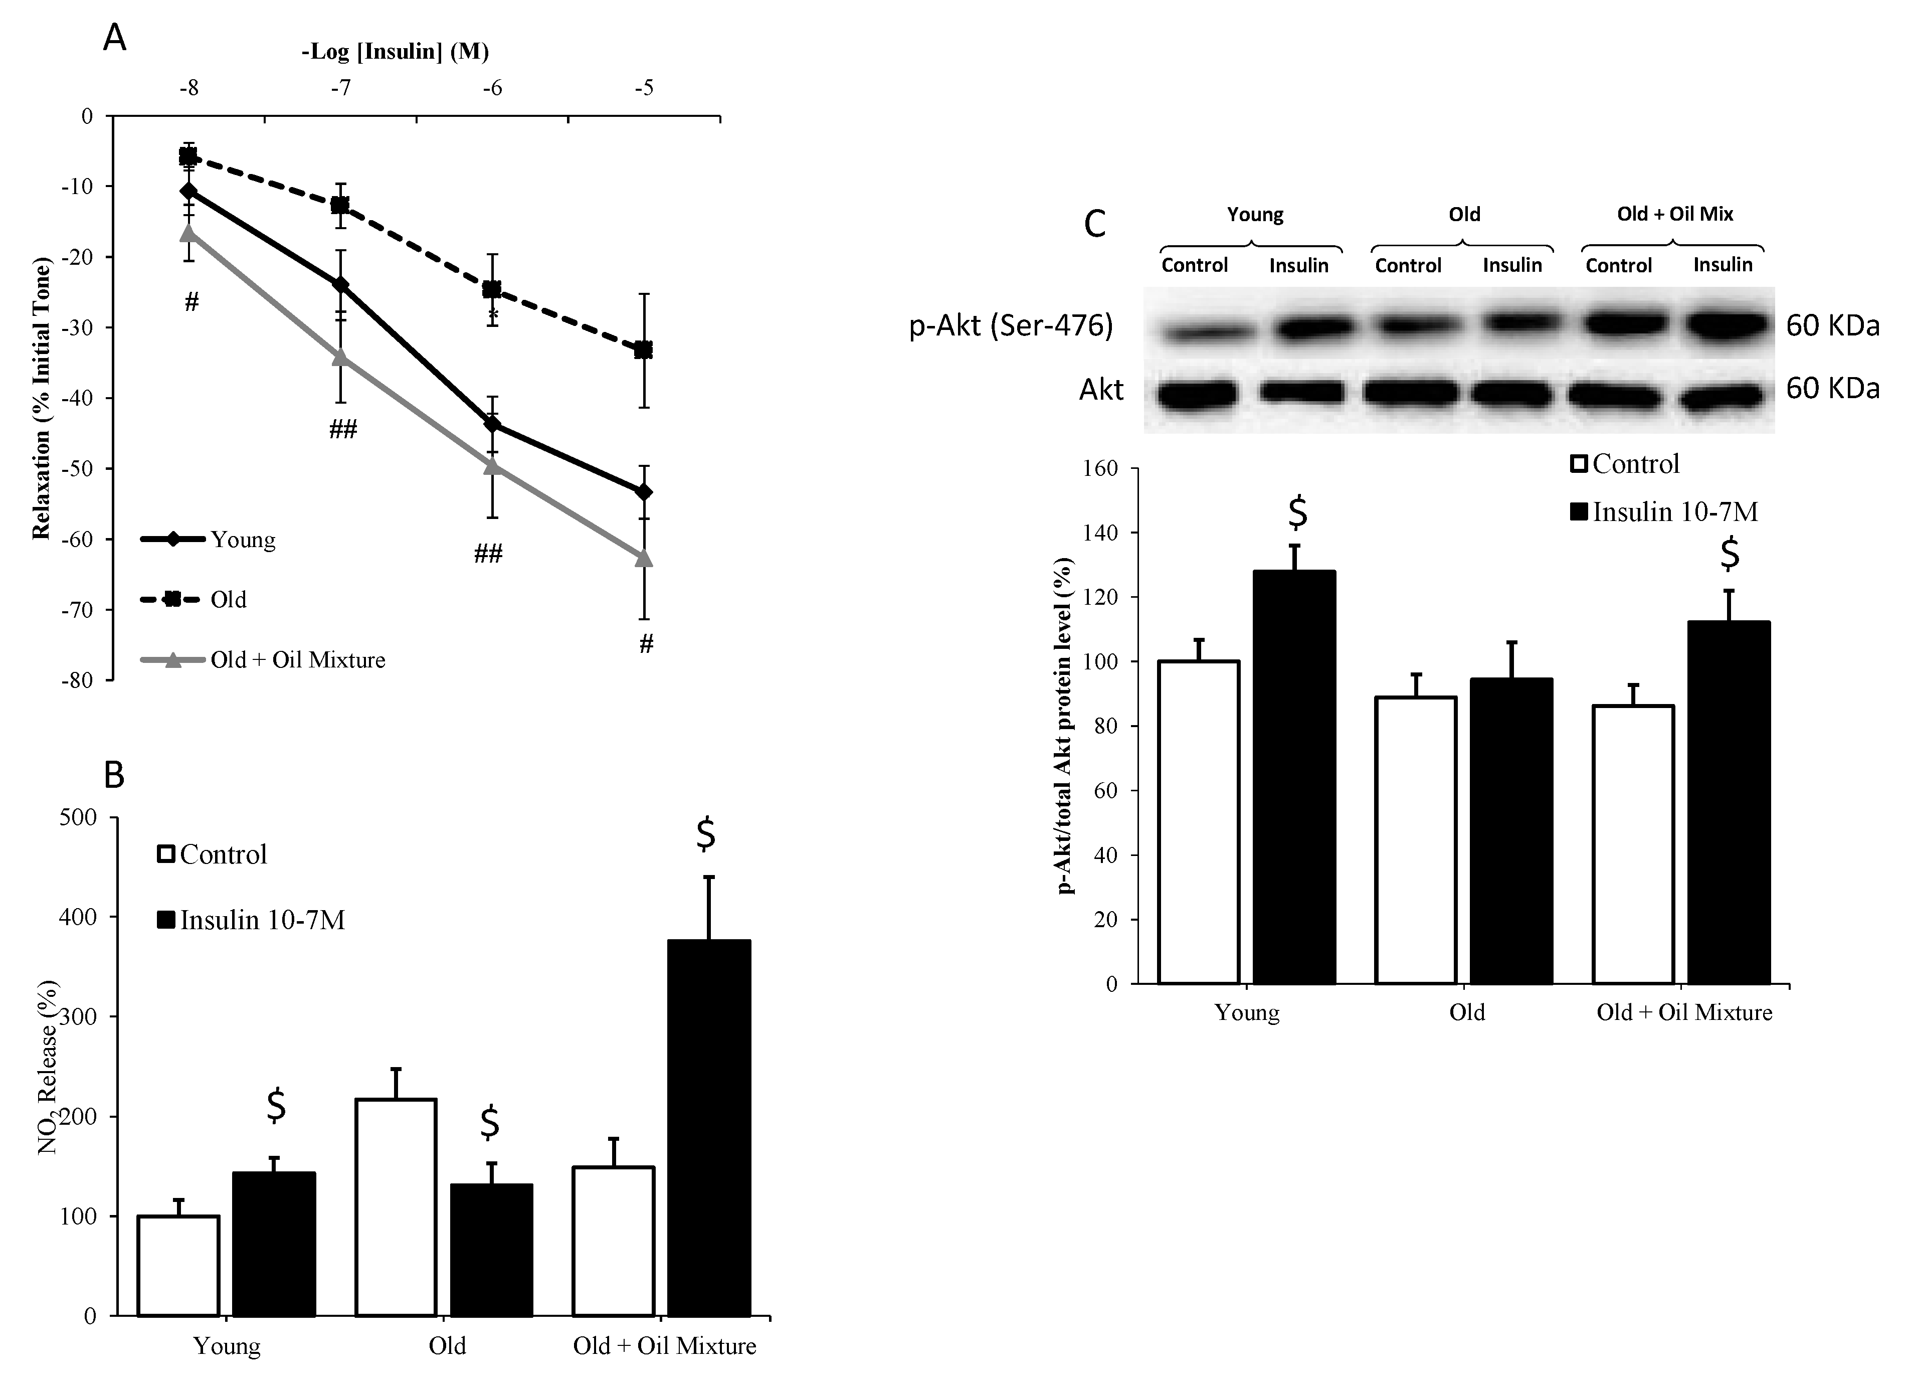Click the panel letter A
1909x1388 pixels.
point(114,38)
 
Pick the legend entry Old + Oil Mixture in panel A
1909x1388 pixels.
point(297,660)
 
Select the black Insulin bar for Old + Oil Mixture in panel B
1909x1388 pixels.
point(709,1128)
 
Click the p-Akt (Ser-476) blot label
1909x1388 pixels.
point(1010,325)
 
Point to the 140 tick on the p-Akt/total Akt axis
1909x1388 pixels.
point(1103,533)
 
